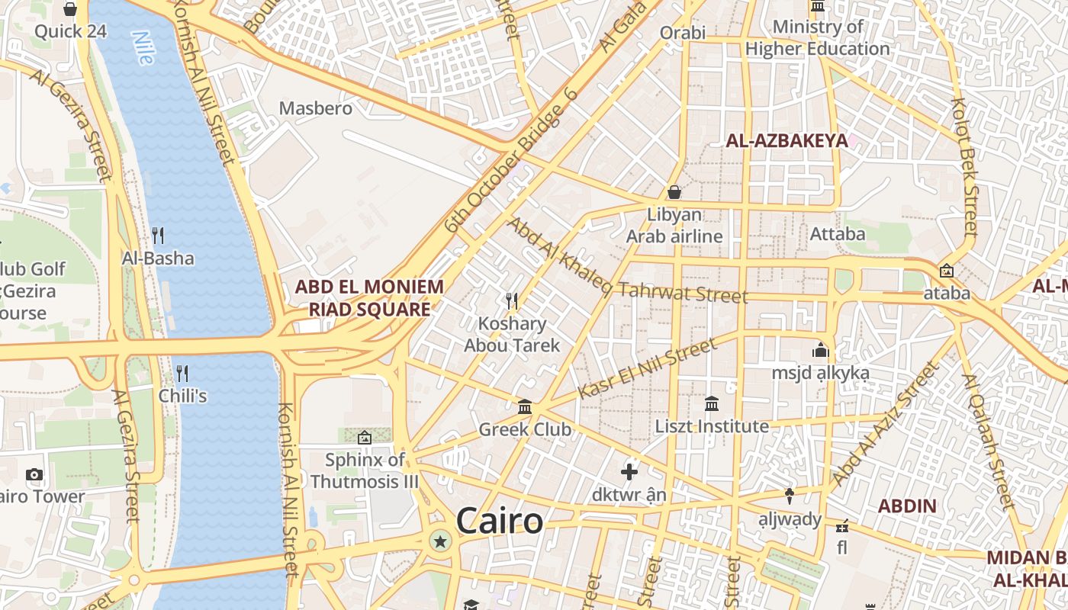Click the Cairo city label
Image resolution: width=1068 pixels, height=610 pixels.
coord(500,522)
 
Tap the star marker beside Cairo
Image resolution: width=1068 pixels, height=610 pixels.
coord(439,542)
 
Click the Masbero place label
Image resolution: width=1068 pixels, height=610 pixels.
coord(316,108)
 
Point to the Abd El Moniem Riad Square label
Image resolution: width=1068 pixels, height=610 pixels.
coord(369,298)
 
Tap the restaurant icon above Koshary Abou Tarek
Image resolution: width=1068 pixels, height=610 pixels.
coord(512,300)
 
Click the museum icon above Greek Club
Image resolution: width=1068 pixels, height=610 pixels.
coord(525,406)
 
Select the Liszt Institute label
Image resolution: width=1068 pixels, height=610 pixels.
coord(712,426)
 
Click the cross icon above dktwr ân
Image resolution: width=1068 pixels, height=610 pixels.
coord(629,472)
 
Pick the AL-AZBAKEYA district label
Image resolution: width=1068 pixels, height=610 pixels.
coord(787,140)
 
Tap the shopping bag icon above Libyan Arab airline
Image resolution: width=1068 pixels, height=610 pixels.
coord(674,192)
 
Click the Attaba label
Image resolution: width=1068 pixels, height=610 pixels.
coord(838,233)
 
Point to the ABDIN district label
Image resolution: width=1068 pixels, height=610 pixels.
coord(907,506)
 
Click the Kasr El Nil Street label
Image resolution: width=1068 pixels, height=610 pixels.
coord(647,369)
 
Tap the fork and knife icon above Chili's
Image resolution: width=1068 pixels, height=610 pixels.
coord(182,374)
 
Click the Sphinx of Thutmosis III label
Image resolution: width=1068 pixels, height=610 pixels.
coord(365,470)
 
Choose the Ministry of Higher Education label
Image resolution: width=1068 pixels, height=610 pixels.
coord(818,38)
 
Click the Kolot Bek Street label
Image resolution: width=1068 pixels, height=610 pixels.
coord(964,166)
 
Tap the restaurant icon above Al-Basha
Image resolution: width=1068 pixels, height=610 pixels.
coord(158,236)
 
